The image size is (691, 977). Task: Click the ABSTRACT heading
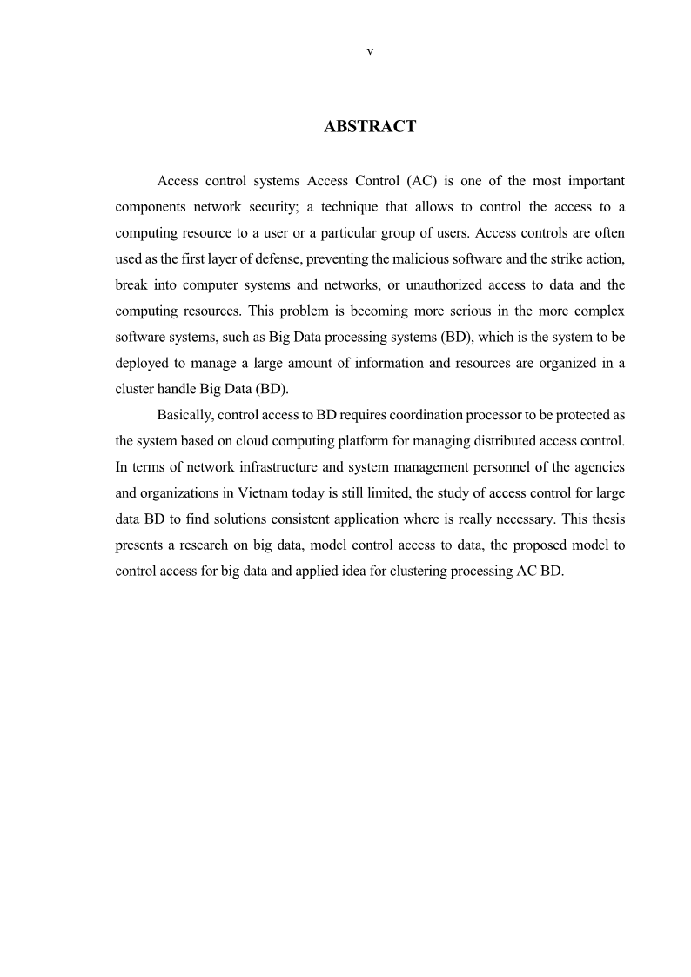coord(370,127)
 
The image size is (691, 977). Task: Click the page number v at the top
coord(370,51)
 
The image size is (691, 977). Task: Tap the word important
coord(594,181)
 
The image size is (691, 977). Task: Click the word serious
coord(463,311)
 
